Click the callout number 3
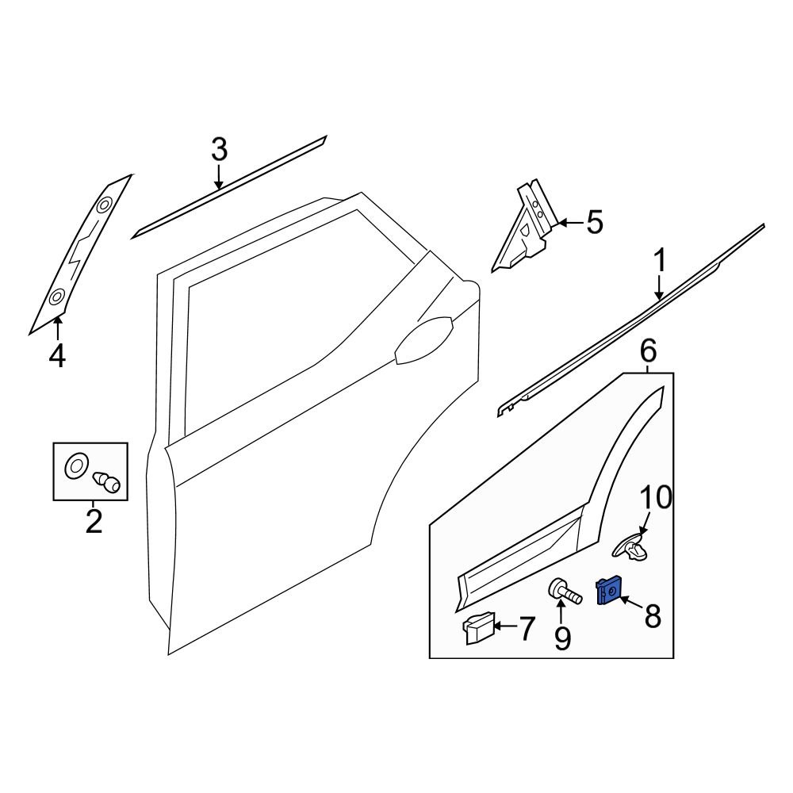219,149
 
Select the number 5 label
594,223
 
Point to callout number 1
660,261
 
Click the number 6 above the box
648,349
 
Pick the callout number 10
655,499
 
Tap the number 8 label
652,615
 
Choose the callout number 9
561,638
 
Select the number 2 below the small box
94,522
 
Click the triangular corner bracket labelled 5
523,228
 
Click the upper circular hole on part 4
103,206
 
